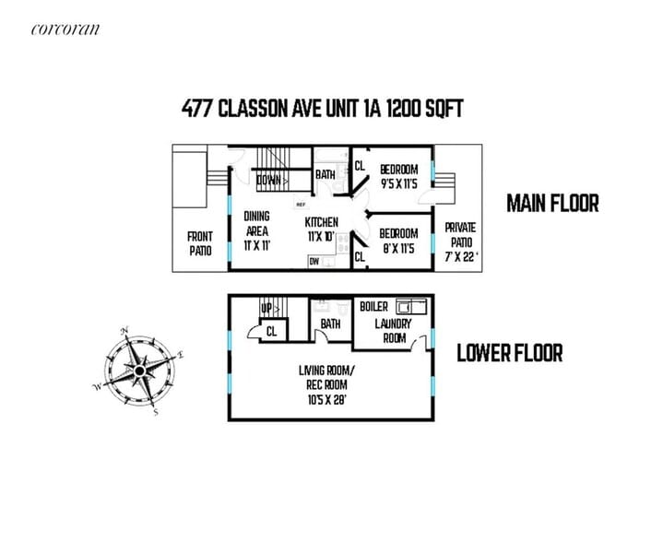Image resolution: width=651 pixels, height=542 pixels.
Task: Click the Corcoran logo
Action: [65, 29]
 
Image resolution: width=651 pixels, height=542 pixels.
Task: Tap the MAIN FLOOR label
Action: [552, 204]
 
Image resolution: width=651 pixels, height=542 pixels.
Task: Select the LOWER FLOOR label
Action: [510, 353]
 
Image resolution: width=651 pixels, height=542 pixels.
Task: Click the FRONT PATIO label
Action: [200, 243]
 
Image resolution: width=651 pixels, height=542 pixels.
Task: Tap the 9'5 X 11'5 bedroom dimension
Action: [399, 183]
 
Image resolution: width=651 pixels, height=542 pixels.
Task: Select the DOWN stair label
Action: [268, 180]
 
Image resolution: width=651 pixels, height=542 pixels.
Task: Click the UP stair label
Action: [266, 308]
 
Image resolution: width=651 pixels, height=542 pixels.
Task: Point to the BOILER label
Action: [373, 306]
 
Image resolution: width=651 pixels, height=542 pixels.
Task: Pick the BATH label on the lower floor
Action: [330, 324]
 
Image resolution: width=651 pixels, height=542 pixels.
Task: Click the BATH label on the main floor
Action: [325, 174]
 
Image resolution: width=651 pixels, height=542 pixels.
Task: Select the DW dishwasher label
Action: [315, 261]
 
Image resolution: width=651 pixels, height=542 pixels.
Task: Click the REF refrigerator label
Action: [301, 203]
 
